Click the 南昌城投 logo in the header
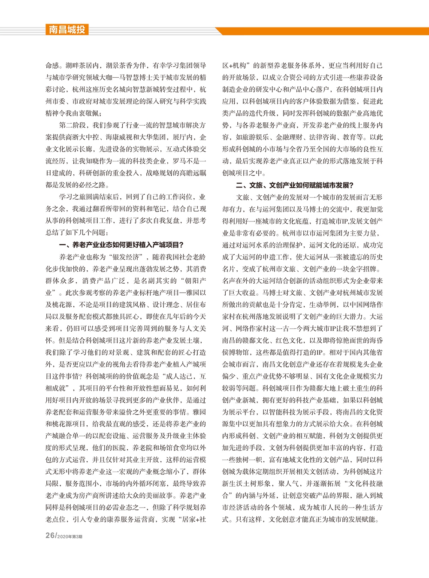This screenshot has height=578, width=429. pyautogui.click(x=67, y=30)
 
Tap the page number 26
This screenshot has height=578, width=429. pyautogui.click(x=50, y=536)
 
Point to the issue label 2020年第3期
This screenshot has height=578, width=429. pyautogui.click(x=69, y=536)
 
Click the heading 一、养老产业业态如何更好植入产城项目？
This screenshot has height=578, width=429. pyautogui.click(x=121, y=245)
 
